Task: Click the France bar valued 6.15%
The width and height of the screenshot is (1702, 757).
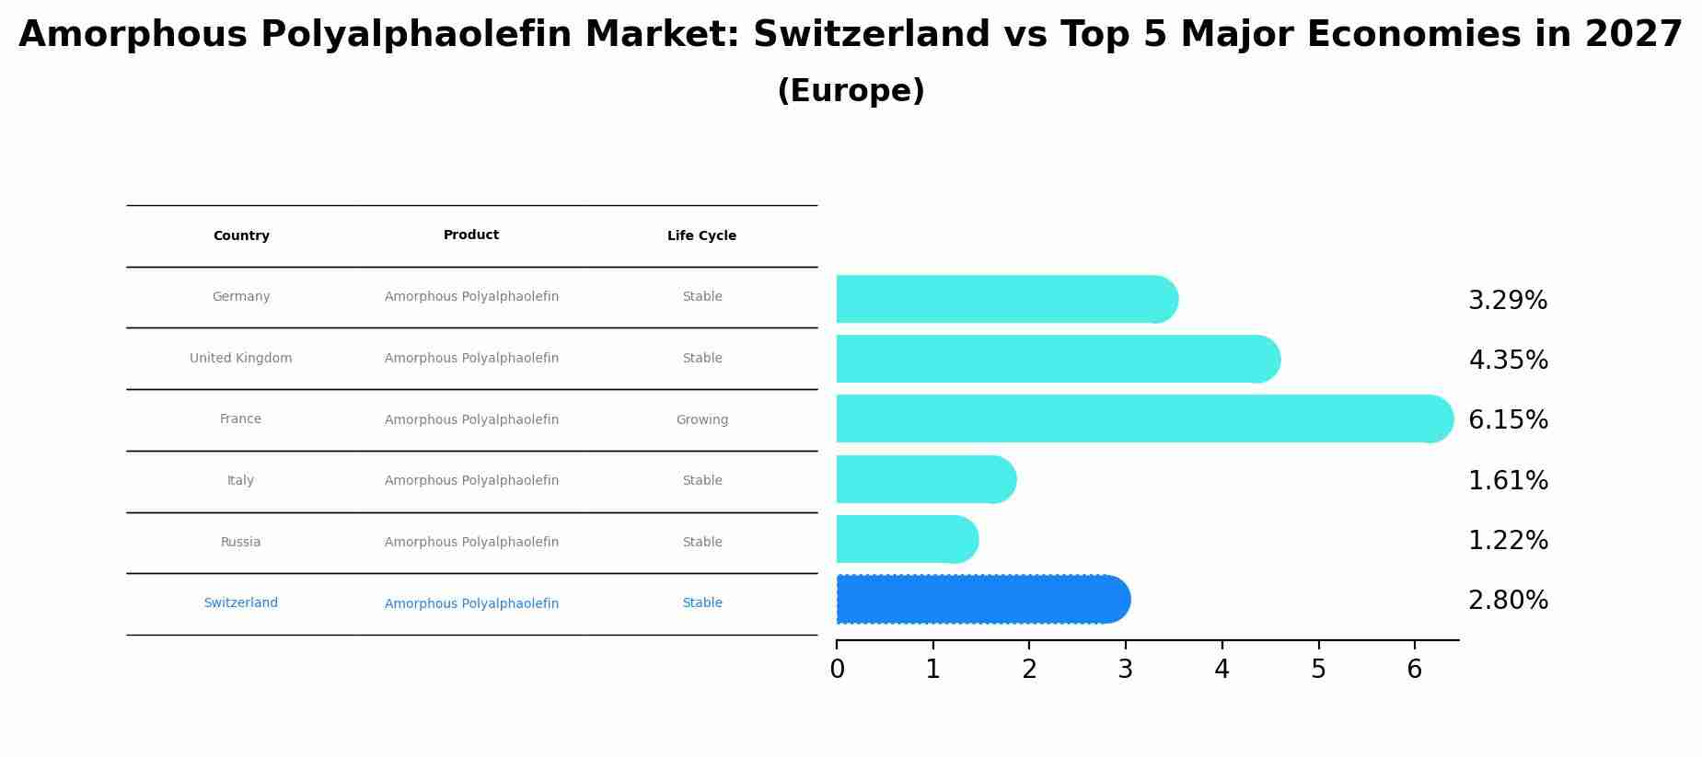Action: point(1141,419)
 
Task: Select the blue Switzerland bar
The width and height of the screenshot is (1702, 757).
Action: point(980,600)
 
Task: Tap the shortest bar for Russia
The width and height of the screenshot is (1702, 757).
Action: point(907,540)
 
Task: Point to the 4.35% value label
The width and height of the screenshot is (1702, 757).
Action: point(1508,361)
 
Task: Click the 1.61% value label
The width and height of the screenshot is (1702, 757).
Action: point(1508,481)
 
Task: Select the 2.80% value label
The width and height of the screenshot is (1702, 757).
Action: point(1508,601)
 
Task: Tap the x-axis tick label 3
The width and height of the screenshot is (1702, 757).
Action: point(1125,670)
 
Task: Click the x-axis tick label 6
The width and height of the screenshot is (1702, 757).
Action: point(1414,670)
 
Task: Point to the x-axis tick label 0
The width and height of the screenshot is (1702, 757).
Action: point(837,670)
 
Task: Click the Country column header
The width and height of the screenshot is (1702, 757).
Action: point(241,236)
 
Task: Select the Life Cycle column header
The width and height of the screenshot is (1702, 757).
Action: point(701,236)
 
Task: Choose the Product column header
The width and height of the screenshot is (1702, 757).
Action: point(471,235)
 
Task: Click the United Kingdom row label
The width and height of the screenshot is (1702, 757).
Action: point(241,359)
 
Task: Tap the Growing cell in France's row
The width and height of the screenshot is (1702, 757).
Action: point(701,420)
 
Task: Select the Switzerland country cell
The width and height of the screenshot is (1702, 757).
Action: point(241,603)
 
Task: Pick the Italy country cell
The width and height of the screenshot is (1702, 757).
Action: point(241,481)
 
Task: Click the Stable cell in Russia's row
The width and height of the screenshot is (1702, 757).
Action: point(701,543)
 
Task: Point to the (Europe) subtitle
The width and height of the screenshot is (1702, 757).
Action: point(851,92)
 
